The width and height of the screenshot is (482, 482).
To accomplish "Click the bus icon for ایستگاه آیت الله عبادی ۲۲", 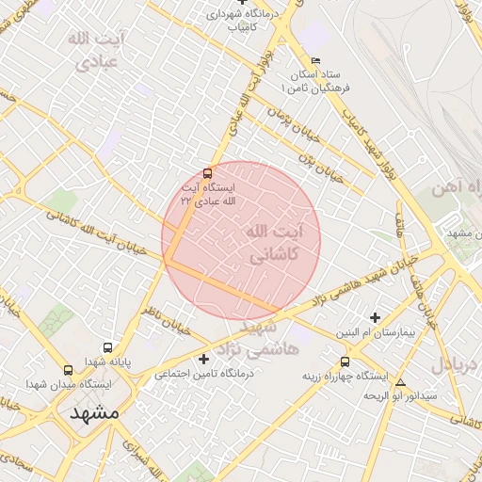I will [x=207, y=172].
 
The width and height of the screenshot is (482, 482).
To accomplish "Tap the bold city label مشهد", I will [x=94, y=413].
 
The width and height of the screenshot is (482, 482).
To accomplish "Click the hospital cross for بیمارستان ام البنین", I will [x=375, y=317].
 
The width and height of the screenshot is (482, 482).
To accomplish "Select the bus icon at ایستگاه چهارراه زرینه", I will [x=345, y=361].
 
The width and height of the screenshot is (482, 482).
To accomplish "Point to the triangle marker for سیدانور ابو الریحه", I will [x=401, y=382].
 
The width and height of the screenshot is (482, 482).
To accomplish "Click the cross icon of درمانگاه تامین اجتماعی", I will [x=203, y=359].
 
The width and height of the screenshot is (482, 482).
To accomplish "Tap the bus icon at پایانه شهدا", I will [x=107, y=347].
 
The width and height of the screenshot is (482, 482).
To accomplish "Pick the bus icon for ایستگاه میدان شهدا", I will [x=67, y=370].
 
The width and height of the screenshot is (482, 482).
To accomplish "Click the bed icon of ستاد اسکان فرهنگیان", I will [x=315, y=61].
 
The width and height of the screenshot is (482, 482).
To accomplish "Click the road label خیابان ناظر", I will [x=166, y=320].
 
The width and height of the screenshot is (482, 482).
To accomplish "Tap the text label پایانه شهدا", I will [x=108, y=361].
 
